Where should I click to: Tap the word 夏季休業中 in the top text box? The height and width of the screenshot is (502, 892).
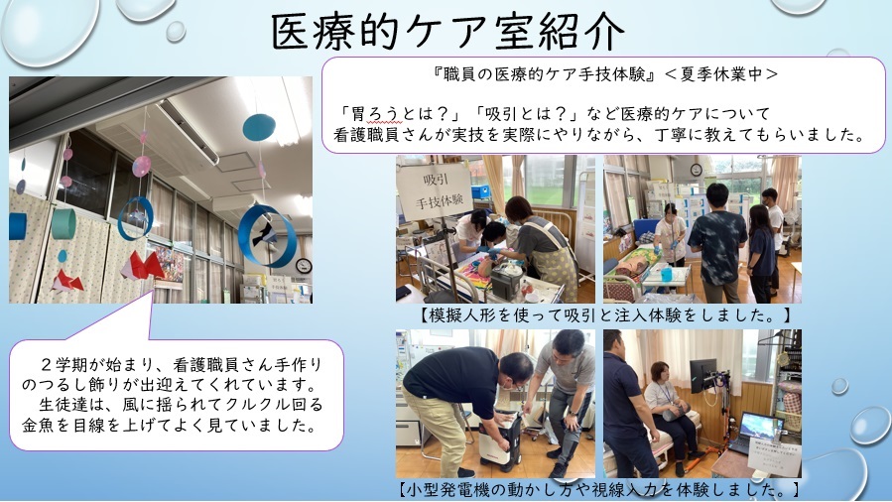pos(721,73)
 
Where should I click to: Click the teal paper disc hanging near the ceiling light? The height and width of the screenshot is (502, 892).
pos(259,127)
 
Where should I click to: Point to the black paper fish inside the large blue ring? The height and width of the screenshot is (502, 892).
pos(265,232)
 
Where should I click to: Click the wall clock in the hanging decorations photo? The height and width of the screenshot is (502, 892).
pos(304,266)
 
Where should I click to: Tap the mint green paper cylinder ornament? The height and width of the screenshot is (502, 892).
pos(64,224)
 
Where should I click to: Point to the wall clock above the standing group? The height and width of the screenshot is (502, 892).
pos(697,170)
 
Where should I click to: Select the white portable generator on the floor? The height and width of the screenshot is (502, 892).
pos(499,441)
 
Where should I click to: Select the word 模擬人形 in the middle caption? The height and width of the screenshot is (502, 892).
pos(462,314)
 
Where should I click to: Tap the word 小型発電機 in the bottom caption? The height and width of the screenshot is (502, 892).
pos(449,489)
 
